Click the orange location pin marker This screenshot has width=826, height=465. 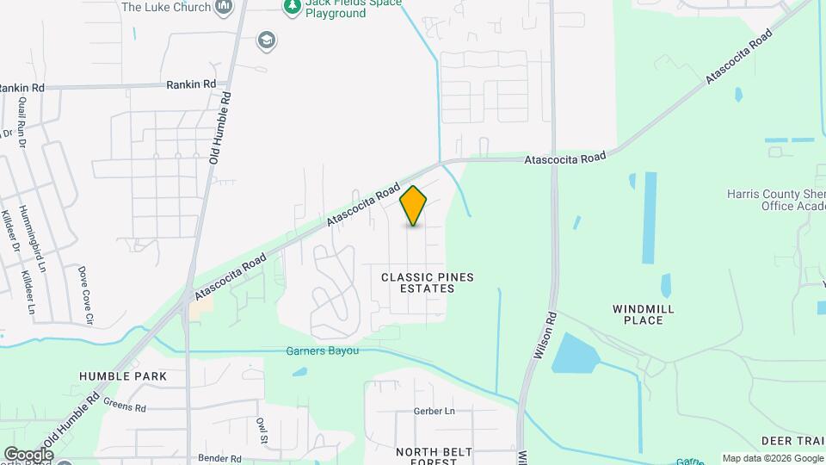click(414, 205)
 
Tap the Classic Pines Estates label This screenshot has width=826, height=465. click(428, 282)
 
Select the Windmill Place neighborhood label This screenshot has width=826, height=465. click(643, 314)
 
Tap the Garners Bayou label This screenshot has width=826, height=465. click(322, 350)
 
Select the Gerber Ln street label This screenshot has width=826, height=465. click(434, 411)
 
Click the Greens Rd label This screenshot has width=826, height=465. click(125, 404)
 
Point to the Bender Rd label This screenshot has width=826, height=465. click(216, 458)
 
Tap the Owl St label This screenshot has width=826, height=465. click(262, 428)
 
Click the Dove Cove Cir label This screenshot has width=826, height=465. click(85, 294)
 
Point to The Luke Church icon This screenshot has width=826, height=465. click(225, 8)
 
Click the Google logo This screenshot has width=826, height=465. click(28, 454)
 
